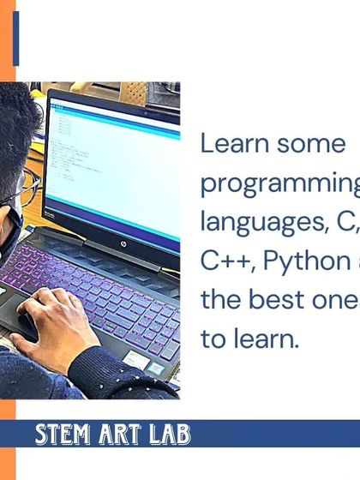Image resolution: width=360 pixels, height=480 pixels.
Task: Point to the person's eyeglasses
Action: pos(28,187)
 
